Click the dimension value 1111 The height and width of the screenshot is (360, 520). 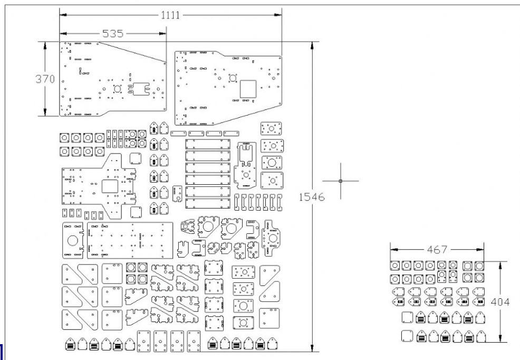click(x=170, y=15)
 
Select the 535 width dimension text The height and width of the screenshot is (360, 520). click(x=113, y=33)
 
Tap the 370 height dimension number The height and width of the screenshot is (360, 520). click(x=45, y=79)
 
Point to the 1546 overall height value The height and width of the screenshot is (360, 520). click(x=312, y=197)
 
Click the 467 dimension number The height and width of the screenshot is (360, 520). click(x=437, y=250)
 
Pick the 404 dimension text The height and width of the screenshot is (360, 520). click(x=500, y=302)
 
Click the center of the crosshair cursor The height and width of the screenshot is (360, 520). click(x=341, y=181)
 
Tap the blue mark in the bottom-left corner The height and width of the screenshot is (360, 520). click(x=2, y=352)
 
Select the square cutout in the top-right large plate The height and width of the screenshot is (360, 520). click(x=248, y=89)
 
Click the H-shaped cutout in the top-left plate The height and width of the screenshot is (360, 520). click(x=139, y=89)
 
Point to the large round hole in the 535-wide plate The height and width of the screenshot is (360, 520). click(x=118, y=89)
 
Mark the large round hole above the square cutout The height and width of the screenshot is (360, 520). click(x=233, y=78)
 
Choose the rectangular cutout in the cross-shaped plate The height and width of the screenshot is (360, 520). click(x=110, y=187)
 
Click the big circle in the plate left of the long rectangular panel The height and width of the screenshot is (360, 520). click(x=73, y=241)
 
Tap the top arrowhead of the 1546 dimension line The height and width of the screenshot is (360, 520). click(x=312, y=45)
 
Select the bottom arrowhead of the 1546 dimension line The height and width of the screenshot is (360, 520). click(x=312, y=348)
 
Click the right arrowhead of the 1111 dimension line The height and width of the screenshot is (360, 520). click(x=278, y=15)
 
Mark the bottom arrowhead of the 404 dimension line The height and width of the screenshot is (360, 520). click(x=500, y=338)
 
